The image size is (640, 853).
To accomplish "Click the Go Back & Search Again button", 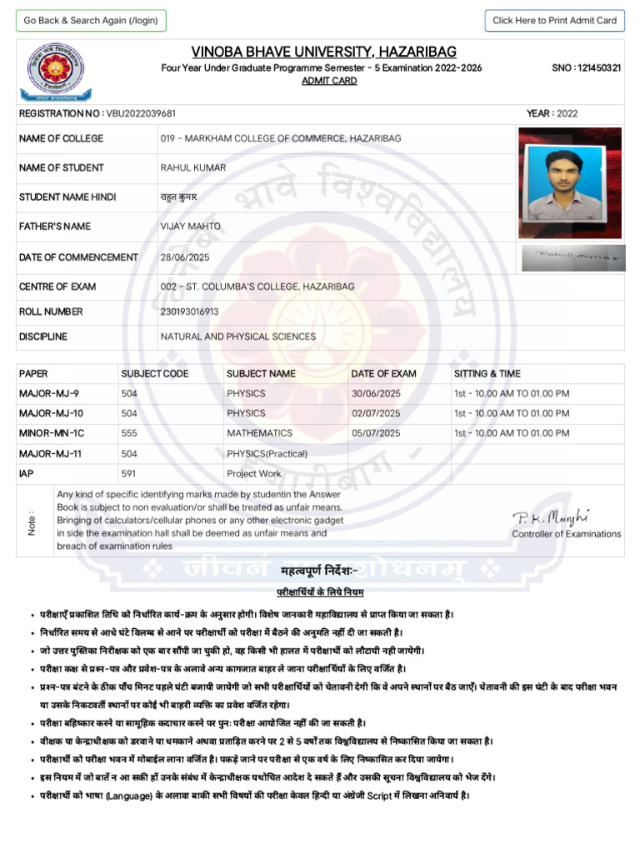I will [91, 21].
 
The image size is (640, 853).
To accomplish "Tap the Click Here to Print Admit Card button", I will [554, 21].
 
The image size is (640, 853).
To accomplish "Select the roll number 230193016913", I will [190, 312].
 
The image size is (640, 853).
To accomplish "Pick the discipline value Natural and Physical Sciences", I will [237, 337].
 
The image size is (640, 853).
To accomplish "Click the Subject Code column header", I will [155, 373].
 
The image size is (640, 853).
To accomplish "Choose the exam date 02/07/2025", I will [376, 413].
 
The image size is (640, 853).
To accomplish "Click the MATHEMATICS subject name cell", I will [259, 433].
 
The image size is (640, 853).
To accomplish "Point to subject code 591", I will [129, 473].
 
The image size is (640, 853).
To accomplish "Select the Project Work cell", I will [254, 473].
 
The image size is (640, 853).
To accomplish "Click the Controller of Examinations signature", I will [540, 519].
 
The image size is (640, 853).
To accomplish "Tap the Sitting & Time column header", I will [487, 373].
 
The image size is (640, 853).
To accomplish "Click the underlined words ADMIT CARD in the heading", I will [329, 81].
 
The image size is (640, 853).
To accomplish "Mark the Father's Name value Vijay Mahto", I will [190, 227].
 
